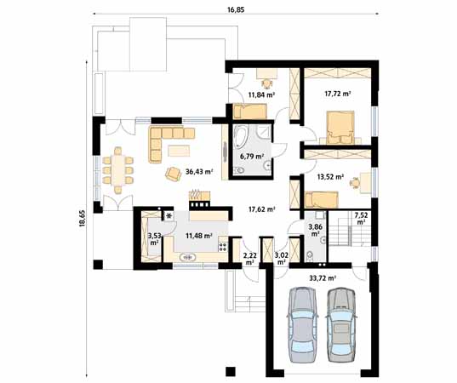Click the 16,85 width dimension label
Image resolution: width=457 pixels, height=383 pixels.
236,10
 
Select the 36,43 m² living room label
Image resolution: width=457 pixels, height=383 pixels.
199,172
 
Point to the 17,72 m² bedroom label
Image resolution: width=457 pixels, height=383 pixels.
338,94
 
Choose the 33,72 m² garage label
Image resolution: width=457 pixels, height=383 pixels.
323,278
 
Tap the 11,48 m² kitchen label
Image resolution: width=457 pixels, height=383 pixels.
199,236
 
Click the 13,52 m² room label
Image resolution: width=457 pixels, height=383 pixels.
330,176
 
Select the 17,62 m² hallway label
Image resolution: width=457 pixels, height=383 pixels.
262,209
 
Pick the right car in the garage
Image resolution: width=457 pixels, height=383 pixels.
341,325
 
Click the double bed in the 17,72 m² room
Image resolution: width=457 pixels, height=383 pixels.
340,128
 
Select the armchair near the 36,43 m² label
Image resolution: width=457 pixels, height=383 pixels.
173,174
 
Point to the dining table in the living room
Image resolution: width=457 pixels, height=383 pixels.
117,170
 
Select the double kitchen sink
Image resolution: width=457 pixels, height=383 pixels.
188,257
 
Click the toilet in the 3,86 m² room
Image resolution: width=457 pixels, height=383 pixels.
310,255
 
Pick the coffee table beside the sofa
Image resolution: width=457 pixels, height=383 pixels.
179,151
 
